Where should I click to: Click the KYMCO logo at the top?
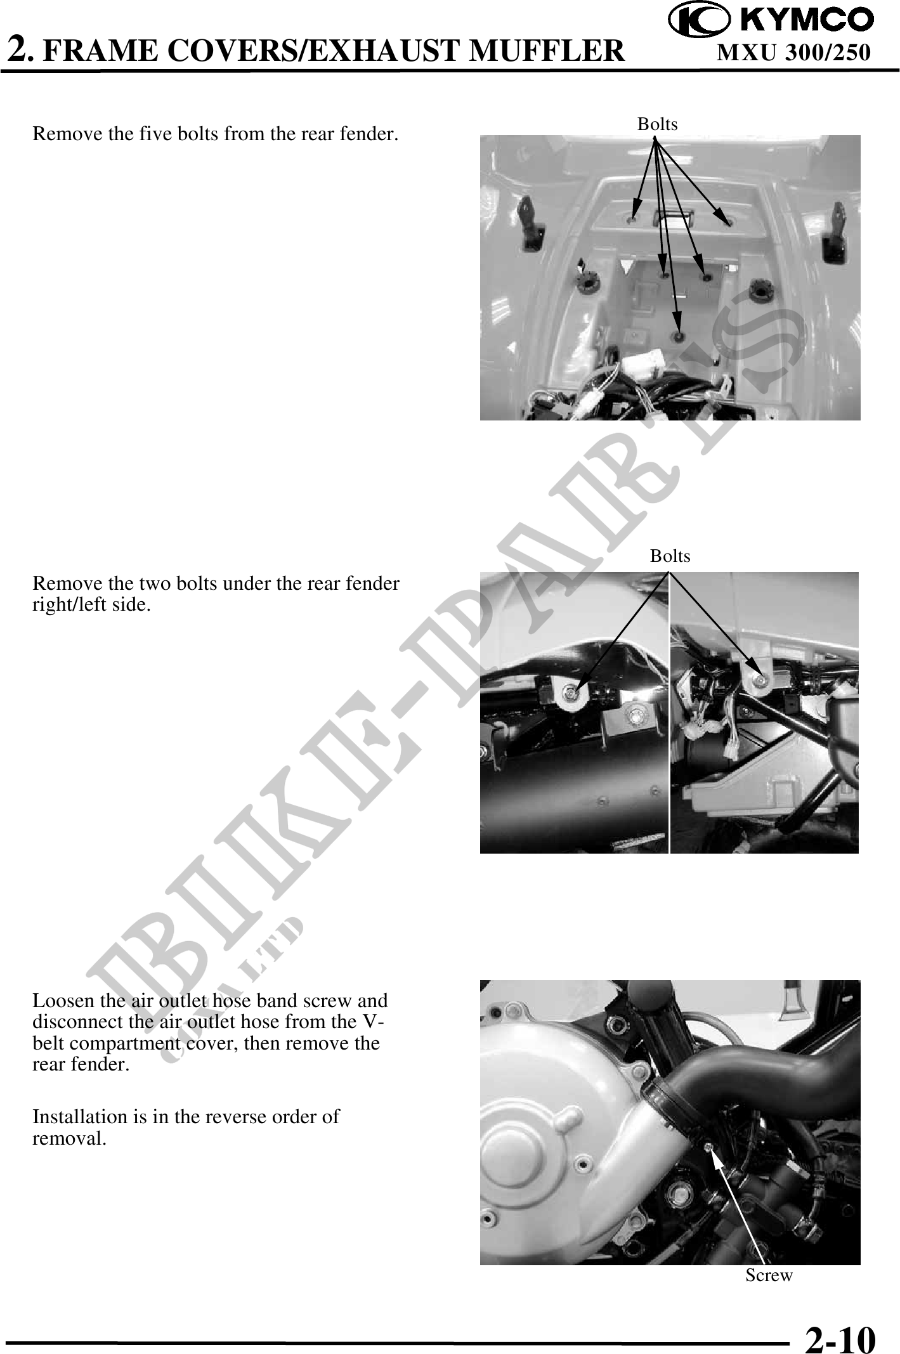pos(771,20)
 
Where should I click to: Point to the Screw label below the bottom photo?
pos(769,1275)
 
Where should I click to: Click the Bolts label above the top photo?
pos(657,124)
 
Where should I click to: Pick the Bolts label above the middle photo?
pos(670,556)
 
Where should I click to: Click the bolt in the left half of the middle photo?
pos(573,695)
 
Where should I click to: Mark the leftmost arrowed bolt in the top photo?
pos(632,219)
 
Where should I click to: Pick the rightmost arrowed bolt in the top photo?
pos(728,223)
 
